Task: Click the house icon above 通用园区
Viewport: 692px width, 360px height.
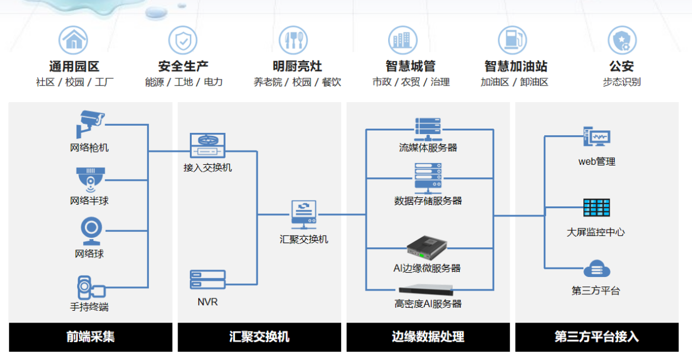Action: click(x=73, y=40)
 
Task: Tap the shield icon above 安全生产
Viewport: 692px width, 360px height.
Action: click(x=183, y=40)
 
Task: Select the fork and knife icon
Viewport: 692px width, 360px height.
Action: click(x=293, y=40)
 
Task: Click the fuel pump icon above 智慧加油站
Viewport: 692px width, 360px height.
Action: click(x=512, y=40)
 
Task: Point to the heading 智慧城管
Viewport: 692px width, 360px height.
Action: click(x=410, y=66)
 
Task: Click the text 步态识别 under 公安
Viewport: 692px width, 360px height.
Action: click(x=621, y=82)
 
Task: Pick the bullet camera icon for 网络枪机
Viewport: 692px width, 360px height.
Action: click(x=91, y=123)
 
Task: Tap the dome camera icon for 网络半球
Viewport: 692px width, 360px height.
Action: click(x=90, y=178)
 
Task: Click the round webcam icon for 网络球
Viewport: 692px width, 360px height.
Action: click(x=91, y=230)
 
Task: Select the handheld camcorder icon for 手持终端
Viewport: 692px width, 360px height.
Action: click(x=91, y=287)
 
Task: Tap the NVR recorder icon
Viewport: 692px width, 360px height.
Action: click(x=208, y=279)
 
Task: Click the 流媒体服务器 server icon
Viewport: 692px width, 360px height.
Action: click(x=428, y=129)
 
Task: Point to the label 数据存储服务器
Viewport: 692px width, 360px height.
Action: click(x=428, y=200)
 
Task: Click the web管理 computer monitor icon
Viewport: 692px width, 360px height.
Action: click(x=596, y=138)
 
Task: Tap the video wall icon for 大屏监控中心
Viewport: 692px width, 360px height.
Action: click(x=596, y=208)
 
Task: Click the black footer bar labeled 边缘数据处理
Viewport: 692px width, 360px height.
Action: click(x=428, y=337)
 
